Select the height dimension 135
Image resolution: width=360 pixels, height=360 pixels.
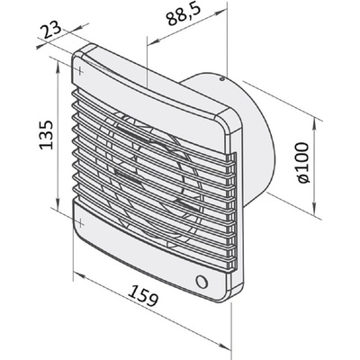click(x=46, y=135)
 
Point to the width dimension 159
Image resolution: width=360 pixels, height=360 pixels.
click(x=143, y=295)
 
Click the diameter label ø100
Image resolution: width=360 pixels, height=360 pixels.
click(x=301, y=163)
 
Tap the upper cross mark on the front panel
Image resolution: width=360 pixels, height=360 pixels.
click(x=80, y=71)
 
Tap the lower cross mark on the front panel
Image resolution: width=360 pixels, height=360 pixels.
click(x=80, y=223)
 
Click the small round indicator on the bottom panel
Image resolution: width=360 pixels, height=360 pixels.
click(x=202, y=282)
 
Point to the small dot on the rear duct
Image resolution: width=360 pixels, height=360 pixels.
click(x=221, y=79)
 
